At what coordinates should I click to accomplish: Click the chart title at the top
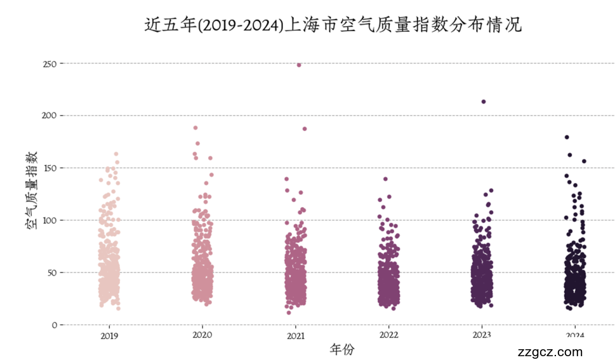coord(333,25)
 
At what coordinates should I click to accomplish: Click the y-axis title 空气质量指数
coord(30,190)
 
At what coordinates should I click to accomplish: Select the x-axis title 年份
coord(342,349)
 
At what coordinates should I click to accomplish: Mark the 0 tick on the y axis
coord(55,325)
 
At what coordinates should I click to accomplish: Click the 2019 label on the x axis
coord(109,335)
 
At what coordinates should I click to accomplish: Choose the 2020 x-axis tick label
coord(202,335)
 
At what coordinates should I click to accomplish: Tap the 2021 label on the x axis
coord(295,335)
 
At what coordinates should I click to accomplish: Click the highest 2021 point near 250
coord(299,65)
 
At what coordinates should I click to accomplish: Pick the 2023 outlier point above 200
coord(484,102)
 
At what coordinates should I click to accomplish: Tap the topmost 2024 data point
coord(567,137)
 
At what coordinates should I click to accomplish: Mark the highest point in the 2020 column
coord(195,128)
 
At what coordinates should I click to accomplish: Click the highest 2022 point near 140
coord(385,179)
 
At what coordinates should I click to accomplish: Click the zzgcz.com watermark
coord(550,352)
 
